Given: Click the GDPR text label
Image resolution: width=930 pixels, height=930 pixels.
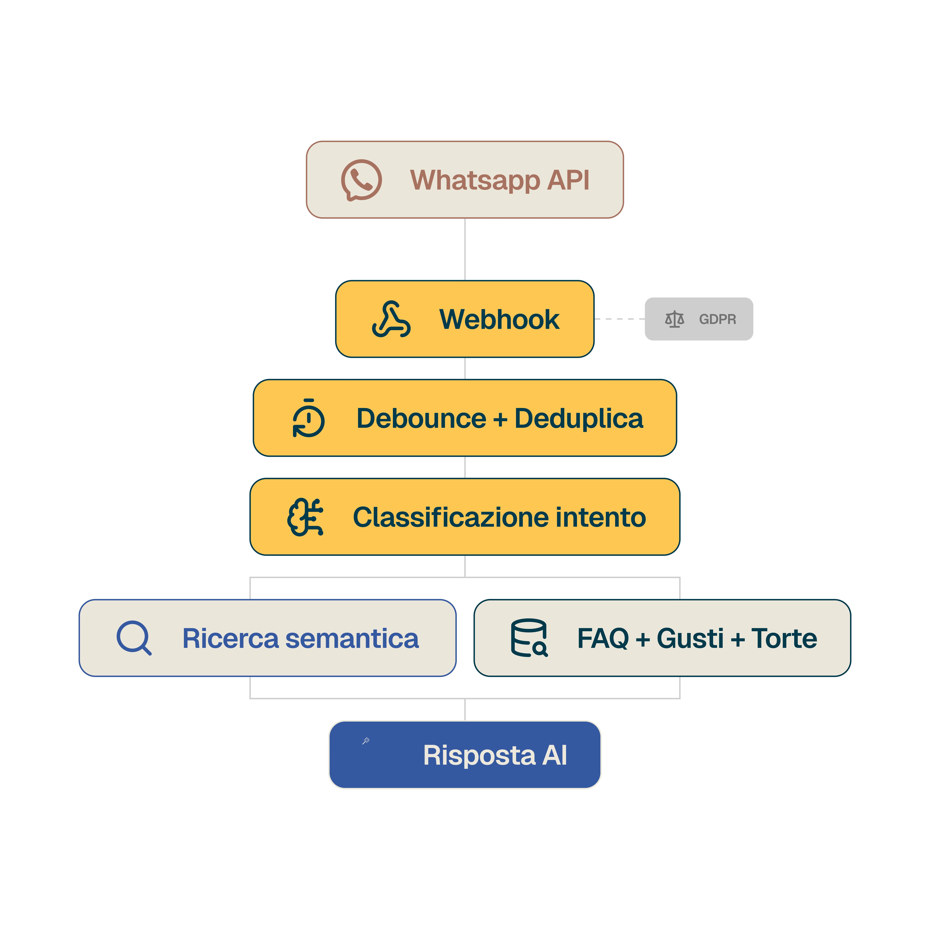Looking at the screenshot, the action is [717, 319].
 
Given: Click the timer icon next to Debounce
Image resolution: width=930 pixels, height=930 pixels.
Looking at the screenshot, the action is [309, 418].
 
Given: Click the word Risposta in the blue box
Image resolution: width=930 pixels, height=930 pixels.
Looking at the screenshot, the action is [479, 755].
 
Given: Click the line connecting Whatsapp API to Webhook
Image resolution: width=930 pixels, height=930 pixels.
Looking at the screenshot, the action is [465, 249].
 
